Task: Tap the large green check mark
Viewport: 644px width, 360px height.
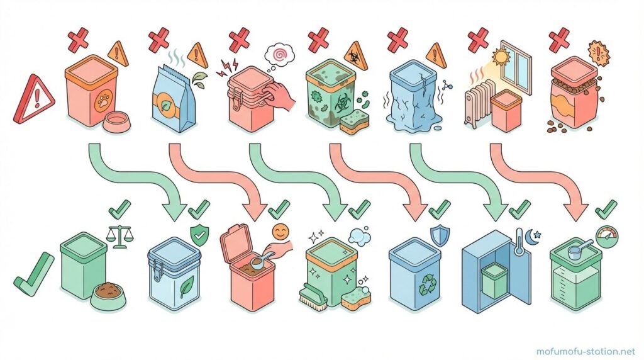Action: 33,273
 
